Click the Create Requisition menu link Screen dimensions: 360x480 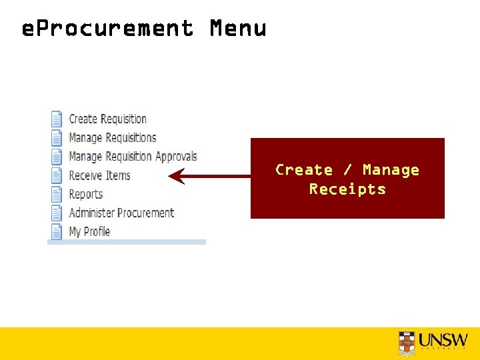(x=107, y=119)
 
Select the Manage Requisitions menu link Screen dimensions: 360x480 (x=112, y=138)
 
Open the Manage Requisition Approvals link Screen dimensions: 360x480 (x=133, y=157)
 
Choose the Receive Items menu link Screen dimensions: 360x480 (x=99, y=175)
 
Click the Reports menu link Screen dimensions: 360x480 (x=86, y=194)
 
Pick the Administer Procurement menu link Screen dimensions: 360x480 (x=121, y=213)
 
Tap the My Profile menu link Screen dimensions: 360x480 (x=89, y=231)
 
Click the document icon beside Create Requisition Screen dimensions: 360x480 (x=57, y=119)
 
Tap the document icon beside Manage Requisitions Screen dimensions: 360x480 (x=57, y=138)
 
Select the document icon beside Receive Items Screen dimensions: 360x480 (x=57, y=175)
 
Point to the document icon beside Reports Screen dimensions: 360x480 (x=57, y=194)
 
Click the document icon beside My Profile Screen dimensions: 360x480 (x=57, y=231)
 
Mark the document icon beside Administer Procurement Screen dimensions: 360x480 (x=57, y=213)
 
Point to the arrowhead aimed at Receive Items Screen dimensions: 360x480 (x=176, y=177)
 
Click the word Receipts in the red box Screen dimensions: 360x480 (x=347, y=189)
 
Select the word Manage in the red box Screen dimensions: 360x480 (x=391, y=170)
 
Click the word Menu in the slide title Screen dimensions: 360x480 (x=238, y=29)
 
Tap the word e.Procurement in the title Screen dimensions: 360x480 (x=107, y=29)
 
